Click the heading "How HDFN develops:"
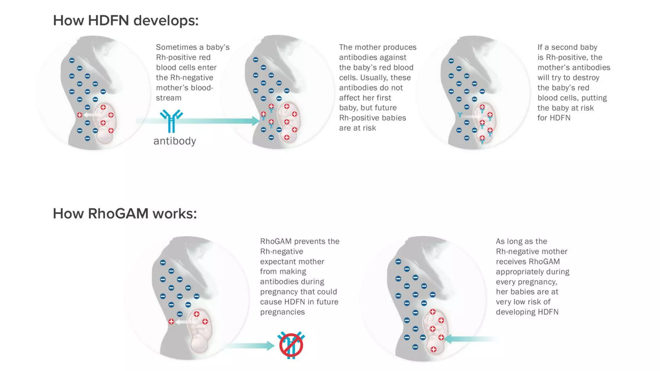coord(126,21)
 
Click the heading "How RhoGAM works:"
coord(125,214)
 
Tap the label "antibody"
coord(175,141)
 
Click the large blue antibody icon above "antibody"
coord(171,121)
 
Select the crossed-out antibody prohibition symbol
coord(291,345)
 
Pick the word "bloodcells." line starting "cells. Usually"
coord(348,78)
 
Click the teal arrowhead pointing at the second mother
coord(256,121)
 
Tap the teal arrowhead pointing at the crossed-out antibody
coord(270,346)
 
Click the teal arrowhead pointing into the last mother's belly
coord(448,338)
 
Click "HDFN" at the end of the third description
coord(560,118)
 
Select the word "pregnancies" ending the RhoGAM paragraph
coord(282,312)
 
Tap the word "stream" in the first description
coord(168,98)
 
